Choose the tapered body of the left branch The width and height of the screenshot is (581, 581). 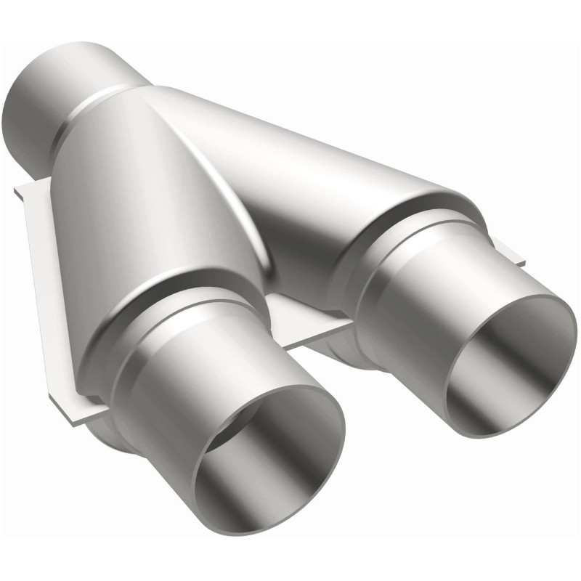tap(138, 203)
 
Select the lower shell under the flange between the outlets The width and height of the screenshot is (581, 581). tap(349, 356)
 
